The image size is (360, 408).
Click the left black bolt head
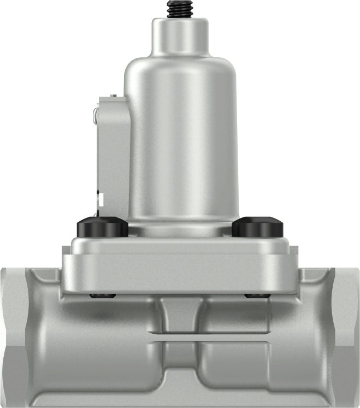(103, 226)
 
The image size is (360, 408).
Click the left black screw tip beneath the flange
(103, 295)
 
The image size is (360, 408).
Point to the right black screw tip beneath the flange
(258, 295)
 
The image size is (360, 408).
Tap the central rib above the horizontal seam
(179, 317)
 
